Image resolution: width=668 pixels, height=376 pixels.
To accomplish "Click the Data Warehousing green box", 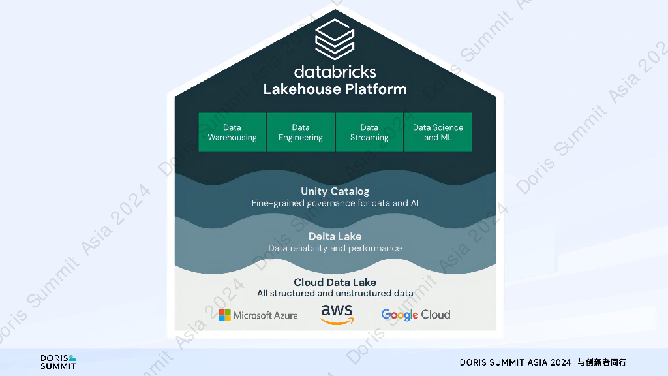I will pyautogui.click(x=232, y=133).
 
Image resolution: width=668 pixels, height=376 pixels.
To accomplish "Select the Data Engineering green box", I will pyautogui.click(x=301, y=133).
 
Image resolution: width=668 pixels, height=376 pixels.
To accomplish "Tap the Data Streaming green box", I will pyautogui.click(x=369, y=133).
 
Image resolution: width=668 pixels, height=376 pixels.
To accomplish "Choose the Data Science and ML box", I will pyautogui.click(x=438, y=133).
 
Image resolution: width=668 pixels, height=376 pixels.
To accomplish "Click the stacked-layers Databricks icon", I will pyautogui.click(x=334, y=39).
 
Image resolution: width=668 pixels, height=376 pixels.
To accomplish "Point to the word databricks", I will pyautogui.click(x=335, y=71).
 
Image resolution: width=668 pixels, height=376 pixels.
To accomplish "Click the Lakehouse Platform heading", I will pyautogui.click(x=335, y=89).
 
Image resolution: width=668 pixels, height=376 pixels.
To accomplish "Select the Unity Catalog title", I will pyautogui.click(x=335, y=191).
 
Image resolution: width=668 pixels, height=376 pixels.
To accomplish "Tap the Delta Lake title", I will pyautogui.click(x=335, y=236).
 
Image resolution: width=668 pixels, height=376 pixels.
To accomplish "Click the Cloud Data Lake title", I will pyautogui.click(x=335, y=282).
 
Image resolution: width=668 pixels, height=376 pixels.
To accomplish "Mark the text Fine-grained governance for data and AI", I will pyautogui.click(x=335, y=203).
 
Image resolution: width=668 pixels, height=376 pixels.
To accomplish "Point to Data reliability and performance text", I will pyautogui.click(x=335, y=248).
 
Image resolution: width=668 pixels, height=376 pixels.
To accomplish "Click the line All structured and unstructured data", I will pyautogui.click(x=335, y=293).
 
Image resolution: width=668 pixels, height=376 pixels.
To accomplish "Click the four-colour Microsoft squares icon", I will pyautogui.click(x=224, y=315).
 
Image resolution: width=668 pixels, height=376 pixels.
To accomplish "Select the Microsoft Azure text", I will pyautogui.click(x=266, y=315).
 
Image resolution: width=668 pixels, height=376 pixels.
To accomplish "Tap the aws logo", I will pyautogui.click(x=337, y=314).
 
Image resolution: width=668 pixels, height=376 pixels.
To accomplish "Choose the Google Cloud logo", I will pyautogui.click(x=416, y=315).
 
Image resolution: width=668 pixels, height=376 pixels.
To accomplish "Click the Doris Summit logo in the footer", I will pyautogui.click(x=58, y=362).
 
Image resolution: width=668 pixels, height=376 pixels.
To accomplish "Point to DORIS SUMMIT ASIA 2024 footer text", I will pyautogui.click(x=515, y=362).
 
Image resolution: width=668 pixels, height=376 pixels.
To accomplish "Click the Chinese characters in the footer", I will pyautogui.click(x=601, y=362).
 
